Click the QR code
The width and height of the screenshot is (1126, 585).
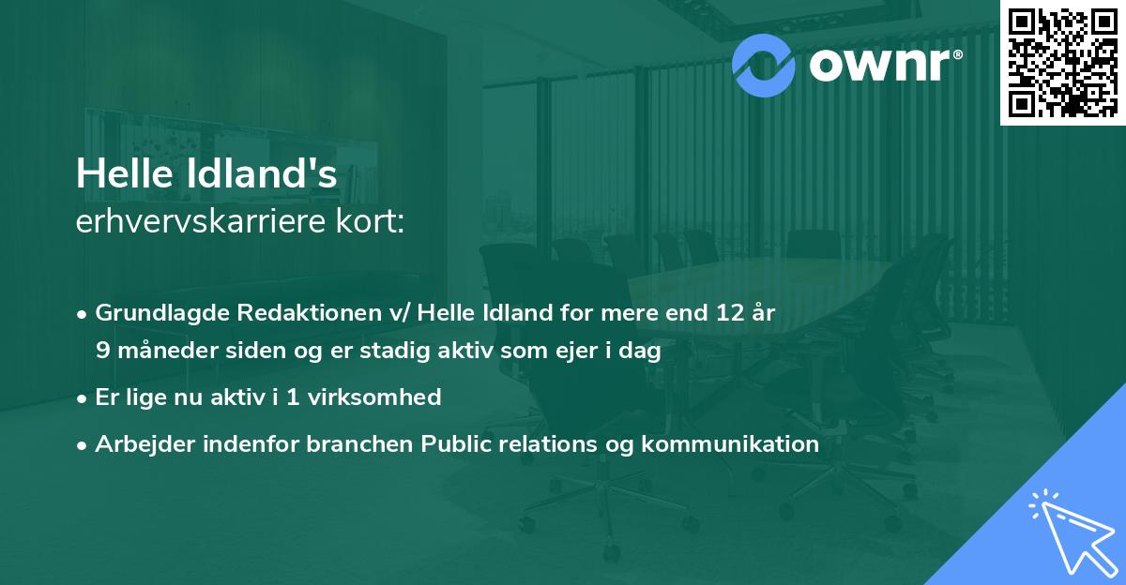pyautogui.click(x=1062, y=62)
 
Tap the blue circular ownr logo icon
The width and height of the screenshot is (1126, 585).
pyautogui.click(x=763, y=65)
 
